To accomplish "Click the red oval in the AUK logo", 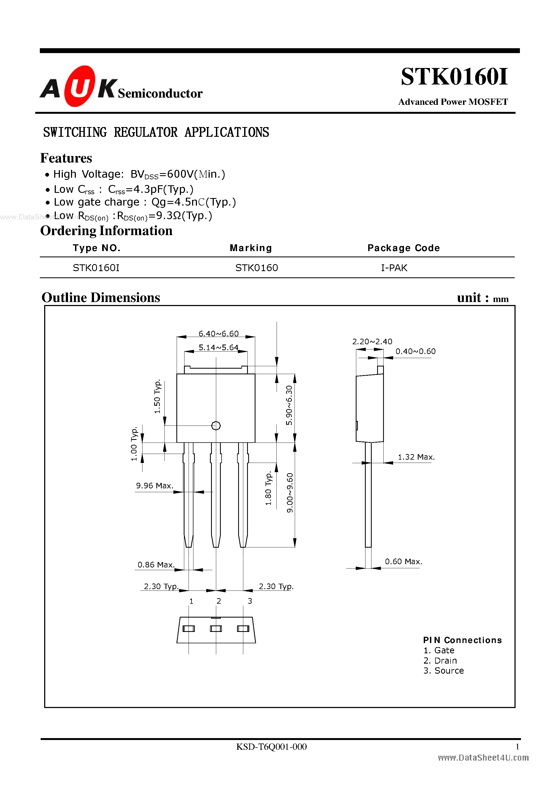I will click(x=79, y=86).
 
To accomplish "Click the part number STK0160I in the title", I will click(x=454, y=77).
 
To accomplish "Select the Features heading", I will click(x=66, y=158).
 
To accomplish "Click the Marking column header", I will click(x=251, y=248).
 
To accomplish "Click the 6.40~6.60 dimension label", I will click(x=218, y=333).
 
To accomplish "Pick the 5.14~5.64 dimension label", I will click(x=218, y=347).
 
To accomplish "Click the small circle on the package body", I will click(x=216, y=426).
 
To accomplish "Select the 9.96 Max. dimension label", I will click(x=154, y=486).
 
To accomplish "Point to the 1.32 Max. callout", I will click(x=416, y=457).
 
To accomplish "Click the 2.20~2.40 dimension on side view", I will click(x=372, y=342).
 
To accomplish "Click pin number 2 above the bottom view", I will click(x=219, y=601).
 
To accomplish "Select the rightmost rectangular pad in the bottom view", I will click(x=243, y=628).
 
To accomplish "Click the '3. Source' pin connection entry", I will click(x=444, y=671).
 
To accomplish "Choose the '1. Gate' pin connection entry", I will click(x=439, y=650).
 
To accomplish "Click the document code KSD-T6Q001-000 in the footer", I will click(x=271, y=746).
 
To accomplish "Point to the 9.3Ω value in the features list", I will click(x=169, y=216).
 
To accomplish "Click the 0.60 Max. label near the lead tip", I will click(x=403, y=561).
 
